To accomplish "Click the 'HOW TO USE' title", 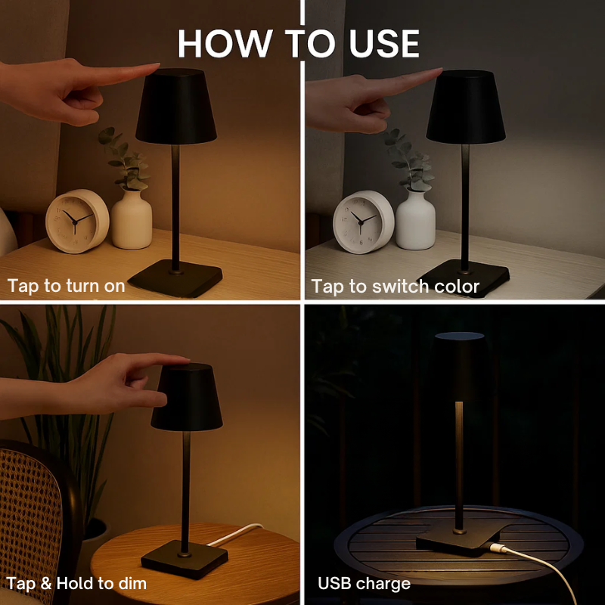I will [299, 44].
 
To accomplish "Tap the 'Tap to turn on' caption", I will [66, 287].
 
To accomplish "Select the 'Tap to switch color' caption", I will [395, 287].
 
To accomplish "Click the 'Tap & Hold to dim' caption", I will [76, 583].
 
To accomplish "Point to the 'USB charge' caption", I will [364, 583].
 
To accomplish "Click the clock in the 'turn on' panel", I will [77, 221].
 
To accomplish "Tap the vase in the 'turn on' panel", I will [132, 219].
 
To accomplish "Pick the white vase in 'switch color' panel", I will [415, 219].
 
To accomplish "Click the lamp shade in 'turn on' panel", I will [176, 107].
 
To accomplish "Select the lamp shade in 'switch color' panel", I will [465, 107].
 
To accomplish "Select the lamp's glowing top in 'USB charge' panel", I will [459, 335].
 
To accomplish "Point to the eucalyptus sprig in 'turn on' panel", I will [125, 159].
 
